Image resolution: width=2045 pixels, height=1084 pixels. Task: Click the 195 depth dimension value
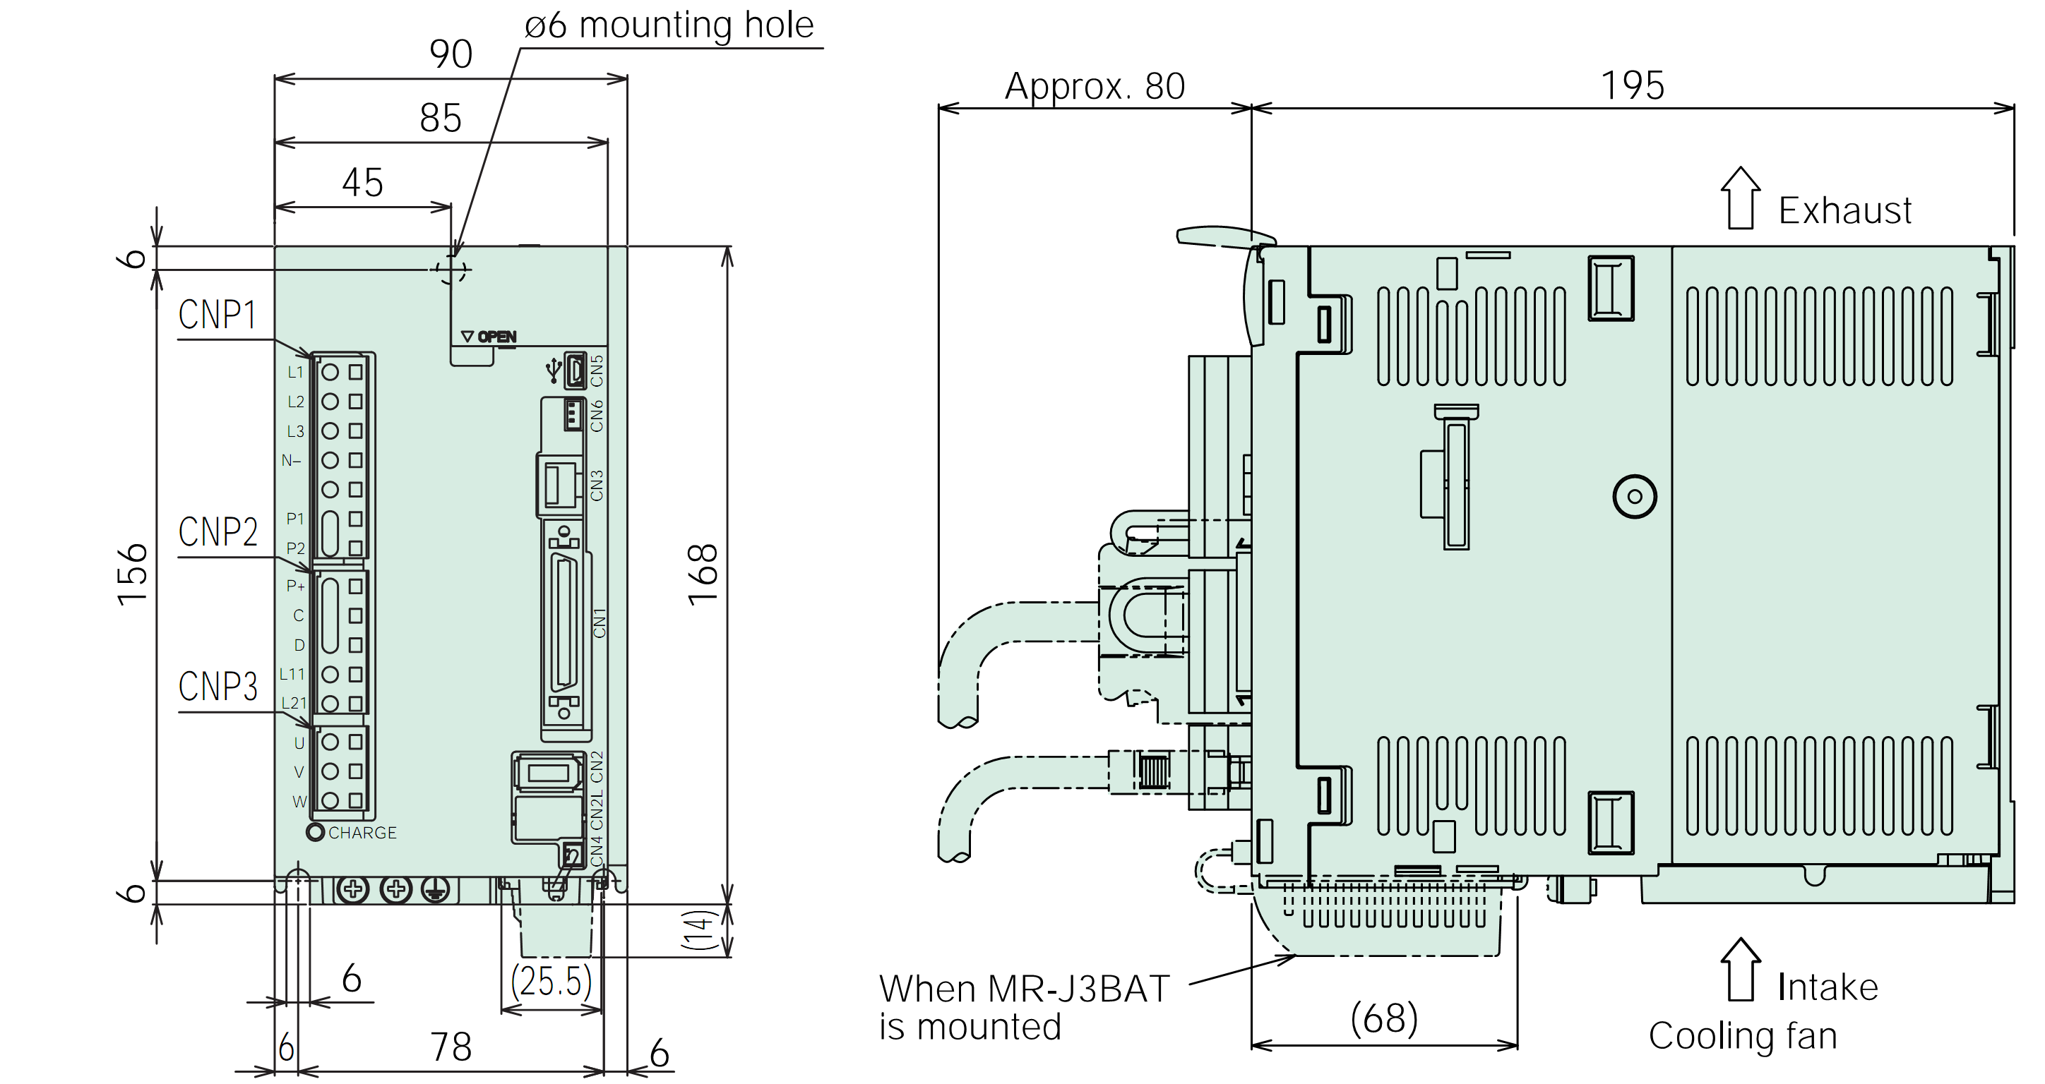[x=1632, y=85]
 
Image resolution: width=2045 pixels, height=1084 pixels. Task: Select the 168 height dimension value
[x=703, y=575]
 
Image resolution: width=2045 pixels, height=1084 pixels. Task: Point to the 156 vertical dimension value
[x=133, y=575]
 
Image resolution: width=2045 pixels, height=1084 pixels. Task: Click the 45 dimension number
[x=363, y=183]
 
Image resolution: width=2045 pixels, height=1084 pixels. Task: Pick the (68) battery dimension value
[x=1385, y=1018]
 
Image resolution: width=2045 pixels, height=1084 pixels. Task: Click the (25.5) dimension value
[x=552, y=981]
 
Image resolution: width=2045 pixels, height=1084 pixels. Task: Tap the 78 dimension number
[x=451, y=1047]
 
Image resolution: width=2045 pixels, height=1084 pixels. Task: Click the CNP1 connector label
[x=217, y=315]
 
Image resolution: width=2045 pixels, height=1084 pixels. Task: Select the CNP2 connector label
[x=217, y=531]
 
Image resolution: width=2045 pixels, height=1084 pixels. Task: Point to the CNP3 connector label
[x=217, y=687]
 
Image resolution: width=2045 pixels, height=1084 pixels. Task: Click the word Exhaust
[x=1845, y=211]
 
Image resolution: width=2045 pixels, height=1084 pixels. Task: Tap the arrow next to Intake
[x=1741, y=969]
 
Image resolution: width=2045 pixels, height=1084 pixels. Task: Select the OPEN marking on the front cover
[x=497, y=337]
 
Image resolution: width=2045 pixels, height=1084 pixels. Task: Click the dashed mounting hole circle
[x=452, y=270]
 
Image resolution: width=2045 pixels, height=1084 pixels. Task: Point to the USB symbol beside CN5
[x=554, y=370]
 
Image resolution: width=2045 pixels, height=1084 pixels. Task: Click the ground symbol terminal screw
[x=435, y=890]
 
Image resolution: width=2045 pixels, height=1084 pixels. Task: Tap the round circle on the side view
[x=1635, y=497]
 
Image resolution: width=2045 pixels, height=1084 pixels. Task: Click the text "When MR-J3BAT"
[x=1024, y=989]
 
